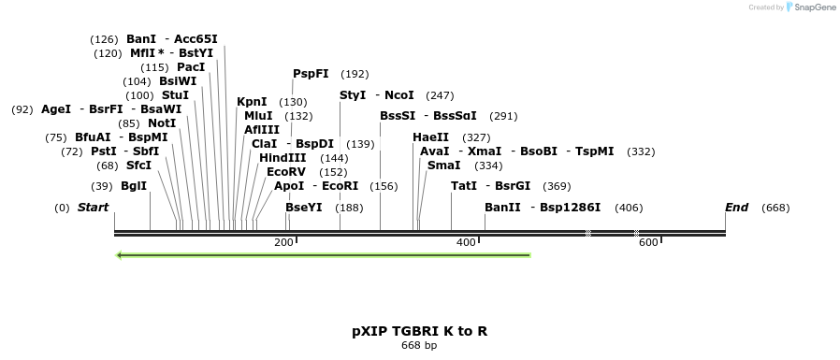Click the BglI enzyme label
coord(134,185)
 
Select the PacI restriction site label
coord(191,67)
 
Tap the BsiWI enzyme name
coord(178,81)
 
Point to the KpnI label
coord(252,102)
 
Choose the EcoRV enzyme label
coord(286,172)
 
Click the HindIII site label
coord(282,158)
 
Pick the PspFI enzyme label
coord(311,74)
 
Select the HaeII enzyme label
coord(430,137)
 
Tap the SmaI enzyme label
coord(443,166)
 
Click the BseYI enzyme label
coord(304,208)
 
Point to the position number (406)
coord(629,208)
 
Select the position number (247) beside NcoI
coord(440,95)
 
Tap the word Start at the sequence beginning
coord(93,208)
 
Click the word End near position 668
coord(736,208)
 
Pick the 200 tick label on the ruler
coord(283,243)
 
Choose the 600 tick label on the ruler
coord(648,243)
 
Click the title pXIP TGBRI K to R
coord(419,331)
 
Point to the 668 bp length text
coord(419,346)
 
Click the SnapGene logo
coord(810,7)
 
